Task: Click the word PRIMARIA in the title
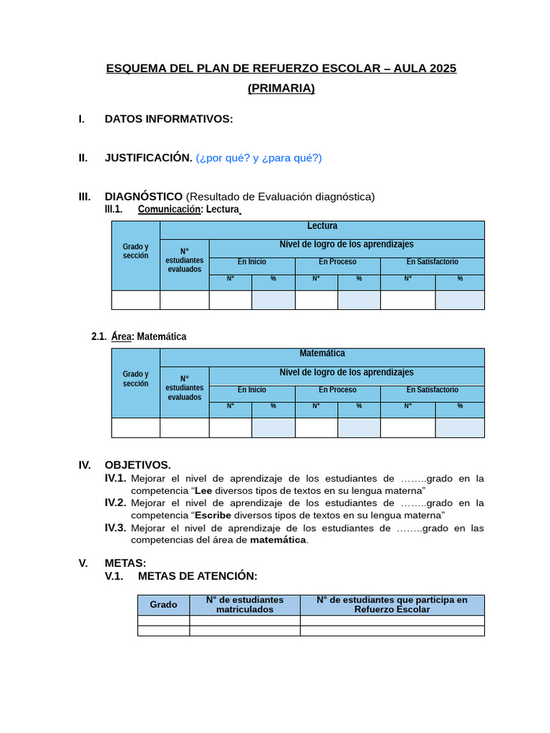(x=281, y=88)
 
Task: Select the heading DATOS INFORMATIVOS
(x=168, y=119)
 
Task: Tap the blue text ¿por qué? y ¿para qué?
(x=259, y=158)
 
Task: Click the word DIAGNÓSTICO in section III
(x=143, y=196)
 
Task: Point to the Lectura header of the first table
(x=322, y=226)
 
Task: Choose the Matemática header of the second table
(x=322, y=354)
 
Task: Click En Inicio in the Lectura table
(x=251, y=262)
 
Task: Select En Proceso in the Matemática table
(x=337, y=390)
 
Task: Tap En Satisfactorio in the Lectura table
(x=432, y=262)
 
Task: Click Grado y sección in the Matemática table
(x=135, y=379)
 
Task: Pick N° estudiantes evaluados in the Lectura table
(x=184, y=261)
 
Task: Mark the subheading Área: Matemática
(x=148, y=336)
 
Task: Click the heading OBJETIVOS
(x=137, y=465)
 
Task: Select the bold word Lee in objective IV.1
(x=203, y=490)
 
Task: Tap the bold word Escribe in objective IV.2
(x=213, y=515)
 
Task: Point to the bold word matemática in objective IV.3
(x=278, y=540)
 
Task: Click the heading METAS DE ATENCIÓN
(x=197, y=576)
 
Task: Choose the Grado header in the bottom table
(x=163, y=605)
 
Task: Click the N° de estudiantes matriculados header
(x=244, y=605)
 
